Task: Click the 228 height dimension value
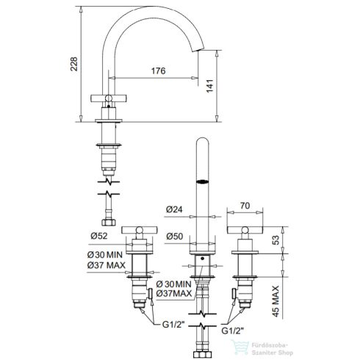(x=74, y=64)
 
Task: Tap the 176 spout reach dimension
(x=159, y=71)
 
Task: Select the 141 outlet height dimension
(x=210, y=86)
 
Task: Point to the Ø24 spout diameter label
(x=174, y=209)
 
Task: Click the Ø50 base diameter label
(x=175, y=236)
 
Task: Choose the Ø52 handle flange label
(x=99, y=236)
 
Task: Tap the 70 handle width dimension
(x=245, y=206)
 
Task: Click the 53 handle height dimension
(x=276, y=240)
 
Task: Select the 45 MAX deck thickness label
(x=276, y=301)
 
